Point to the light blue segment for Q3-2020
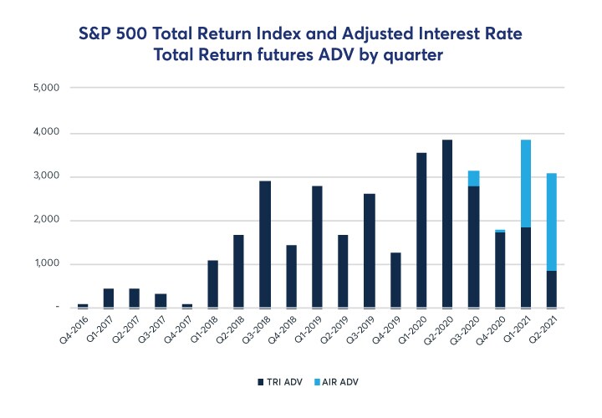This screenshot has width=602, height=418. click(x=474, y=178)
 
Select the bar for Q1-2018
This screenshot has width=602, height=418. click(x=213, y=284)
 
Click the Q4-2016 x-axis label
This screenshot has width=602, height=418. click(x=72, y=335)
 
